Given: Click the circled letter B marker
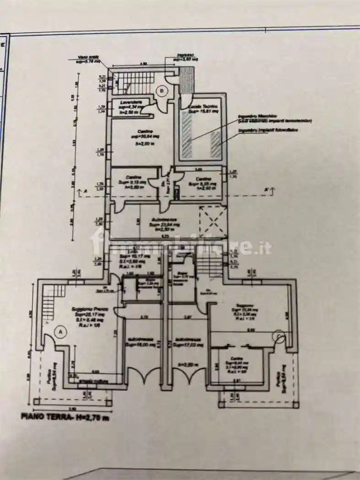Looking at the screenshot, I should [x=161, y=91].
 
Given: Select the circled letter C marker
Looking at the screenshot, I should [x=278, y=336].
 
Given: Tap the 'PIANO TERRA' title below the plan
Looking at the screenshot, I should [x=64, y=416].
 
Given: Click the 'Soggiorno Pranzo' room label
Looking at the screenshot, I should [x=87, y=310].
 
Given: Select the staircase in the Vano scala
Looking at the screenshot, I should [x=133, y=82].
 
